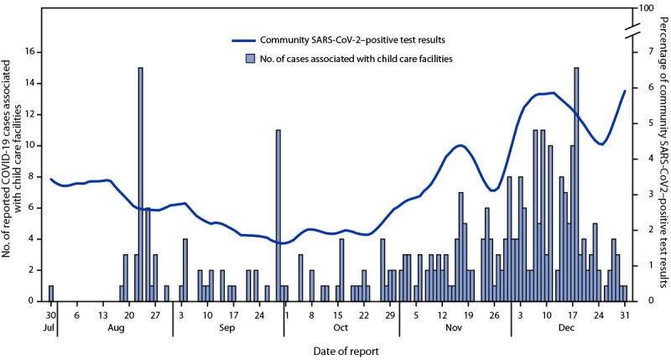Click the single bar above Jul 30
[51, 293]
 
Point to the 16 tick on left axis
[30, 52]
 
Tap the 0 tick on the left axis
[33, 300]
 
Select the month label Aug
[115, 331]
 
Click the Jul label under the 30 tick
[50, 331]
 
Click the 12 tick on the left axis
[30, 114]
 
